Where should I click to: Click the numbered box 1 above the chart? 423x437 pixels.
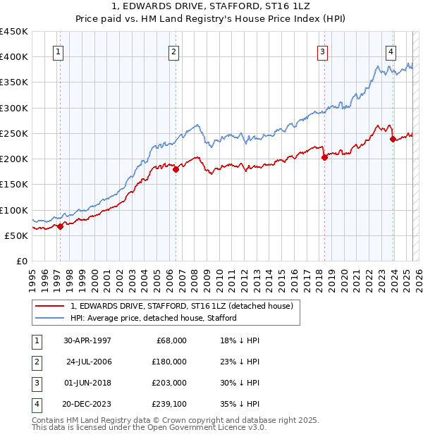[57, 51]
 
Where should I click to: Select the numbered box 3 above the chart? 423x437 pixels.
[322, 51]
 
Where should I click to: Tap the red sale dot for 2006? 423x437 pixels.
[176, 169]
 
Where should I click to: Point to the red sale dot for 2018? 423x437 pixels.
[325, 158]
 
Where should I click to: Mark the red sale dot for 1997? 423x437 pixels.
[61, 226]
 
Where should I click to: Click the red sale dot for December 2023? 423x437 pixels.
[393, 139]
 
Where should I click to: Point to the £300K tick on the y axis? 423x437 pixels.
[14, 108]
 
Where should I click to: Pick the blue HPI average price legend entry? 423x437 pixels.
[153, 318]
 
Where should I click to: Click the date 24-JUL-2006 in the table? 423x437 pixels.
[89, 362]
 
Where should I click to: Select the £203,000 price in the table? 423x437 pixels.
[168, 383]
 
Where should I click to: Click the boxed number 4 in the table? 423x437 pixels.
[35, 404]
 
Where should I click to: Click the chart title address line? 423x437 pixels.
[212, 7]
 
